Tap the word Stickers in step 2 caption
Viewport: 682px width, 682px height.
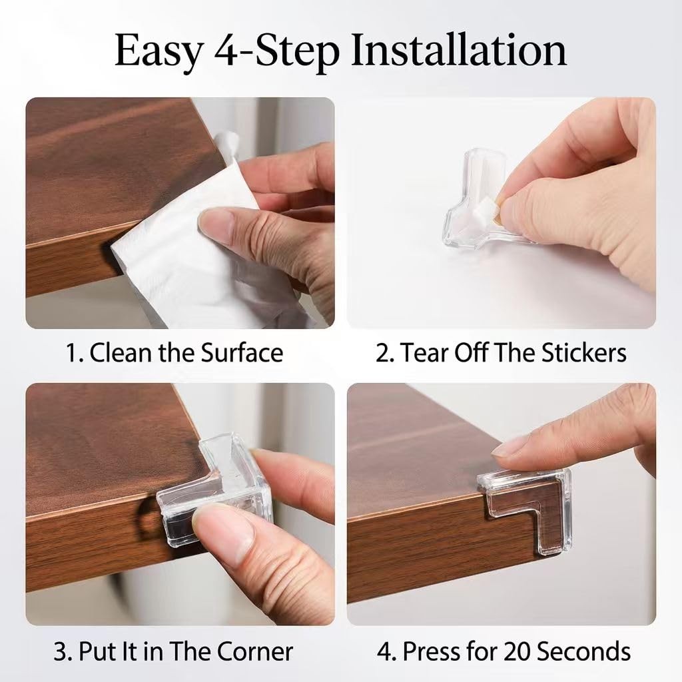[583, 352]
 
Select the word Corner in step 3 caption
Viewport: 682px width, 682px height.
[254, 651]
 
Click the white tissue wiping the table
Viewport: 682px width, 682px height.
[204, 244]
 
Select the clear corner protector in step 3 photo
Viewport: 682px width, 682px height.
[218, 487]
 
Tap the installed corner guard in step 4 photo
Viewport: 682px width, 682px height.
[526, 505]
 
